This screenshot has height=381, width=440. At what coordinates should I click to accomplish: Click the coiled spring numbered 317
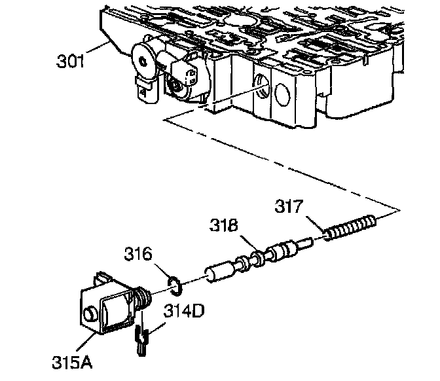(x=351, y=228)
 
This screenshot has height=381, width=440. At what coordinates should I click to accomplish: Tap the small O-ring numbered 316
(x=174, y=283)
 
